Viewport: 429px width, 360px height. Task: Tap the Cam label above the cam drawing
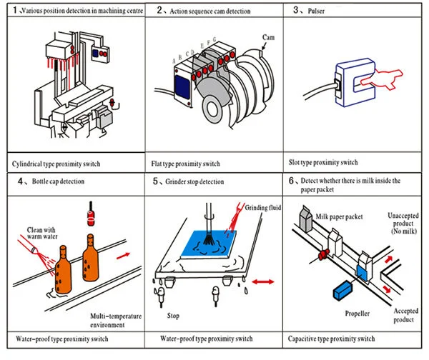tap(269, 36)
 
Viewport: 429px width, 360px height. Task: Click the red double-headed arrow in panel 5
tap(263, 284)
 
